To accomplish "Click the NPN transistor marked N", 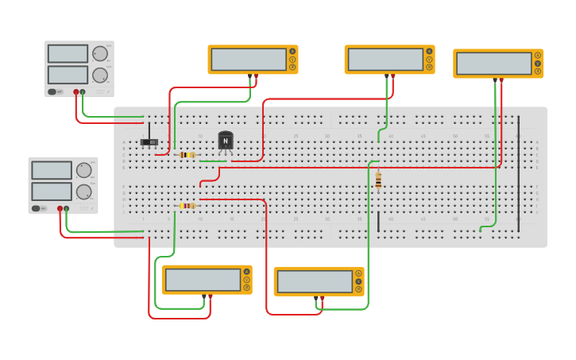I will pyautogui.click(x=226, y=141).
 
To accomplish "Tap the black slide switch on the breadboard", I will pyautogui.click(x=149, y=142).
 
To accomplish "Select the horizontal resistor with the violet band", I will pyautogui.click(x=187, y=206).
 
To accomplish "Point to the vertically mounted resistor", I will pyautogui.click(x=378, y=180).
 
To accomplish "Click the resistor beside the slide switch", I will pyautogui.click(x=187, y=155).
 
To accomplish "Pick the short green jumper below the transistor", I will pyautogui.click(x=213, y=161).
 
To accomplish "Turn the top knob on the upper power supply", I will pyautogui.click(x=100, y=54).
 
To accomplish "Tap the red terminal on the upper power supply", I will pyautogui.click(x=76, y=92).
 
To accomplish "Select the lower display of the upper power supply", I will pyautogui.click(x=68, y=75).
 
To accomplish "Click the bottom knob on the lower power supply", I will pyautogui.click(x=83, y=192).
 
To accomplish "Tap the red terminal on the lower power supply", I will pyautogui.click(x=60, y=209).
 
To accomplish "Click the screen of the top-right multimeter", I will pyautogui.click(x=493, y=64).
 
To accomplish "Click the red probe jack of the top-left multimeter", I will pyautogui.click(x=256, y=76).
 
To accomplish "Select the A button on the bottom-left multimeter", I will pyautogui.click(x=246, y=272).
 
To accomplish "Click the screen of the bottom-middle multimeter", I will pyautogui.click(x=315, y=282).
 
